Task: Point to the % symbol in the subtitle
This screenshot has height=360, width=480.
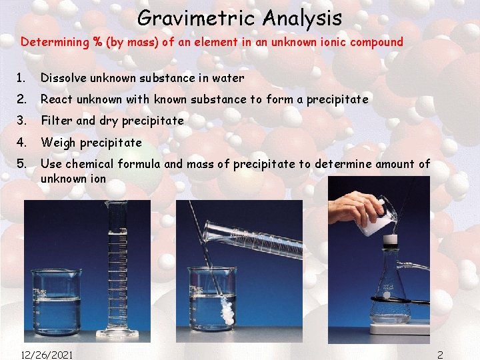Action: [x=97, y=42]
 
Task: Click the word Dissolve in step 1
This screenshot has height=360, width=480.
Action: [x=64, y=78]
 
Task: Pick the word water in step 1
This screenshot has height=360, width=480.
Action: [x=228, y=78]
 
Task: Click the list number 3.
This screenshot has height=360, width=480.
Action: [x=21, y=121]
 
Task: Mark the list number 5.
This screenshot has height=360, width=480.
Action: [x=21, y=163]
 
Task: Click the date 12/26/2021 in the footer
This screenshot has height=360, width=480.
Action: [x=47, y=354]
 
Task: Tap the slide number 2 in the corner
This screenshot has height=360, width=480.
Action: [x=440, y=354]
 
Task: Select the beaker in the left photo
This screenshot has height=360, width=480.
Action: [x=56, y=300]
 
